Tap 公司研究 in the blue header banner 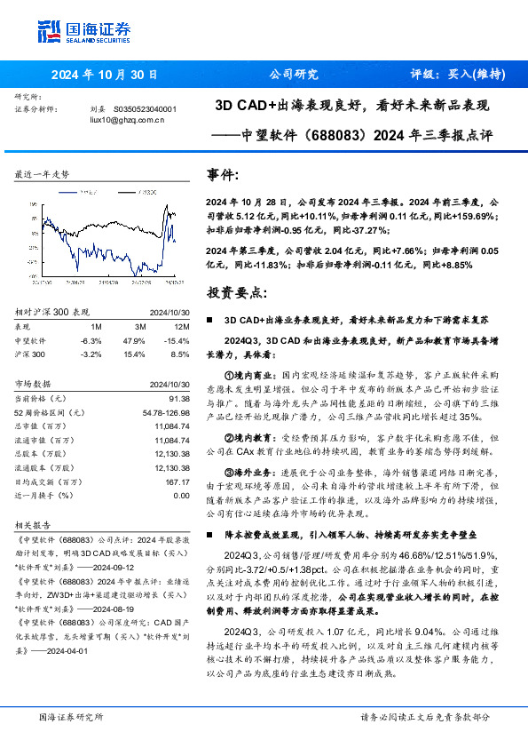pyautogui.click(x=293, y=75)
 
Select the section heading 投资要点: pyautogui.click(x=234, y=292)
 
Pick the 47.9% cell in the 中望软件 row pyautogui.click(x=133, y=340)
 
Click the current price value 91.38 pyautogui.click(x=178, y=399)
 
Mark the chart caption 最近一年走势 pyautogui.click(x=43, y=175)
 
